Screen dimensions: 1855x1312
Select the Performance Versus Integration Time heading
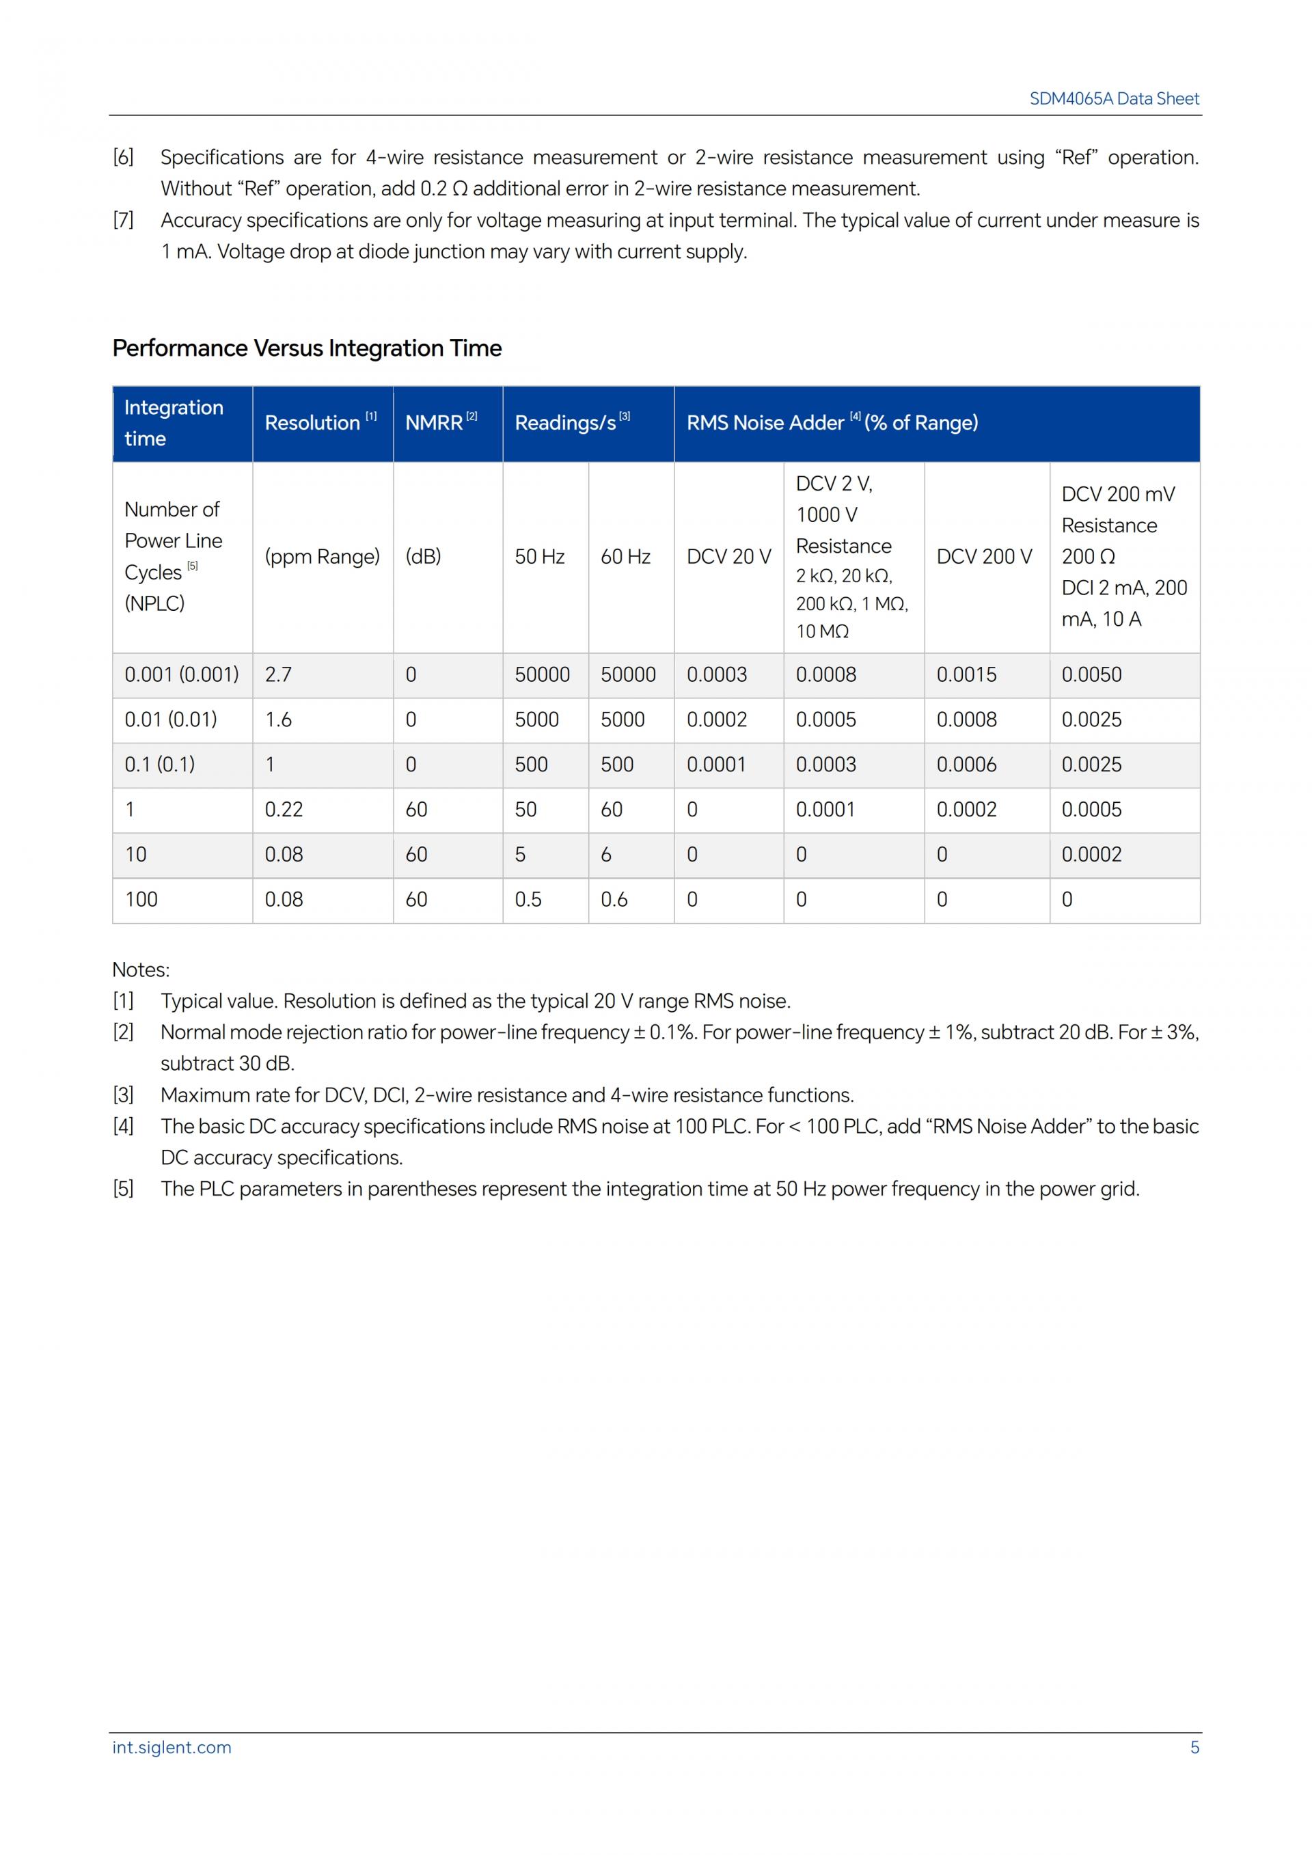(x=307, y=348)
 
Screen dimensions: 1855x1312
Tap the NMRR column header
(x=434, y=422)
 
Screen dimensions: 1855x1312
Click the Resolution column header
(x=313, y=422)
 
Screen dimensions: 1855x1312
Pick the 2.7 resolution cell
(x=279, y=674)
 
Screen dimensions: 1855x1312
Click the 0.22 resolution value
(x=284, y=810)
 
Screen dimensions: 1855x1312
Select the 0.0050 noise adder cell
(x=1091, y=674)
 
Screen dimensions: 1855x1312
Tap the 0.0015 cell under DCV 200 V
(x=966, y=674)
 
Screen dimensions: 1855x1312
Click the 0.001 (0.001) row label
(x=182, y=674)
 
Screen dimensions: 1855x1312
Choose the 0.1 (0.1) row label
(x=160, y=765)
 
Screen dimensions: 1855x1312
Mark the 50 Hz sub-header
(x=540, y=557)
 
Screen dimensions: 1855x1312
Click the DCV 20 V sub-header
(x=728, y=557)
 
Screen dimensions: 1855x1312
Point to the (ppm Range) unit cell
(x=323, y=557)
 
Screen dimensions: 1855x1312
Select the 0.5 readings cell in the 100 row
(x=528, y=899)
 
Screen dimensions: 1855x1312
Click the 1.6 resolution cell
(x=279, y=720)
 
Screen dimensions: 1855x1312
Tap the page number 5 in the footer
(x=1194, y=1747)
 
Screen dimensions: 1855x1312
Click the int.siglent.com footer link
(x=172, y=1747)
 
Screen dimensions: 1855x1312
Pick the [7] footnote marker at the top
(x=123, y=221)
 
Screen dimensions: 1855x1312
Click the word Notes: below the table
(x=141, y=970)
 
